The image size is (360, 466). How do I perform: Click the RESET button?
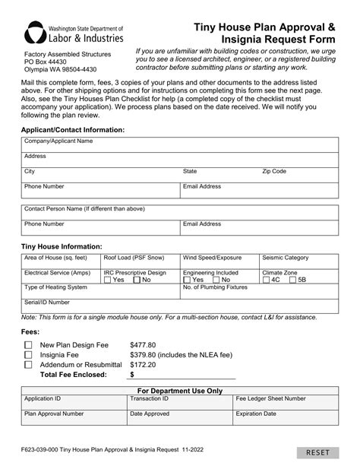coord(318,453)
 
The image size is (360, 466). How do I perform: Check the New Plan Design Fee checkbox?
coord(28,344)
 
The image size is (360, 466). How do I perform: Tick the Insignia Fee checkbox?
coord(28,354)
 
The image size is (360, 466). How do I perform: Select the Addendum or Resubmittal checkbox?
coord(28,364)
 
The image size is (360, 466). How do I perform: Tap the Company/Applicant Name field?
coord(179,144)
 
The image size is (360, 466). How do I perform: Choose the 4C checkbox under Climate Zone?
coord(266,280)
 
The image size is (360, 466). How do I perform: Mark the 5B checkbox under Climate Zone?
coord(292,280)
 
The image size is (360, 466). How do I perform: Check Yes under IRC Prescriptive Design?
coord(107,280)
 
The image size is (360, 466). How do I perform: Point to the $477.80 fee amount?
coord(143,344)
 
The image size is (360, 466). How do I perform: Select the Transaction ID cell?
coord(179,402)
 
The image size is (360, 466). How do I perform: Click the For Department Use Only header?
coord(179,390)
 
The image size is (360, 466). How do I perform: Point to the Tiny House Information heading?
coord(62,246)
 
